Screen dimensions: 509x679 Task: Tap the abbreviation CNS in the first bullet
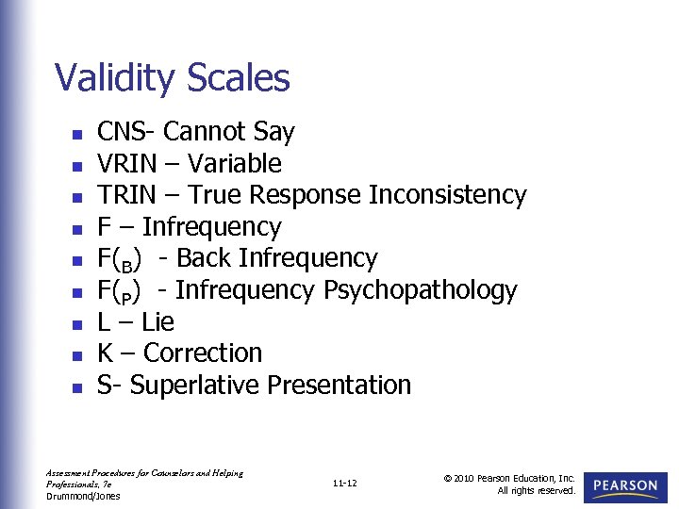point(118,132)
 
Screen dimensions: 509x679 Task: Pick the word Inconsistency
point(447,195)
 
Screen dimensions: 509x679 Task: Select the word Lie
point(157,322)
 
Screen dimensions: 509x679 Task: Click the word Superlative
point(195,386)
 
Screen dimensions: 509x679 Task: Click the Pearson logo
point(625,486)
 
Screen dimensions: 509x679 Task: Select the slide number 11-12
point(345,484)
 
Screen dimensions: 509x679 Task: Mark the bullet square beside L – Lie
point(75,323)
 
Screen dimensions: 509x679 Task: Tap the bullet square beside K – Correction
point(75,355)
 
